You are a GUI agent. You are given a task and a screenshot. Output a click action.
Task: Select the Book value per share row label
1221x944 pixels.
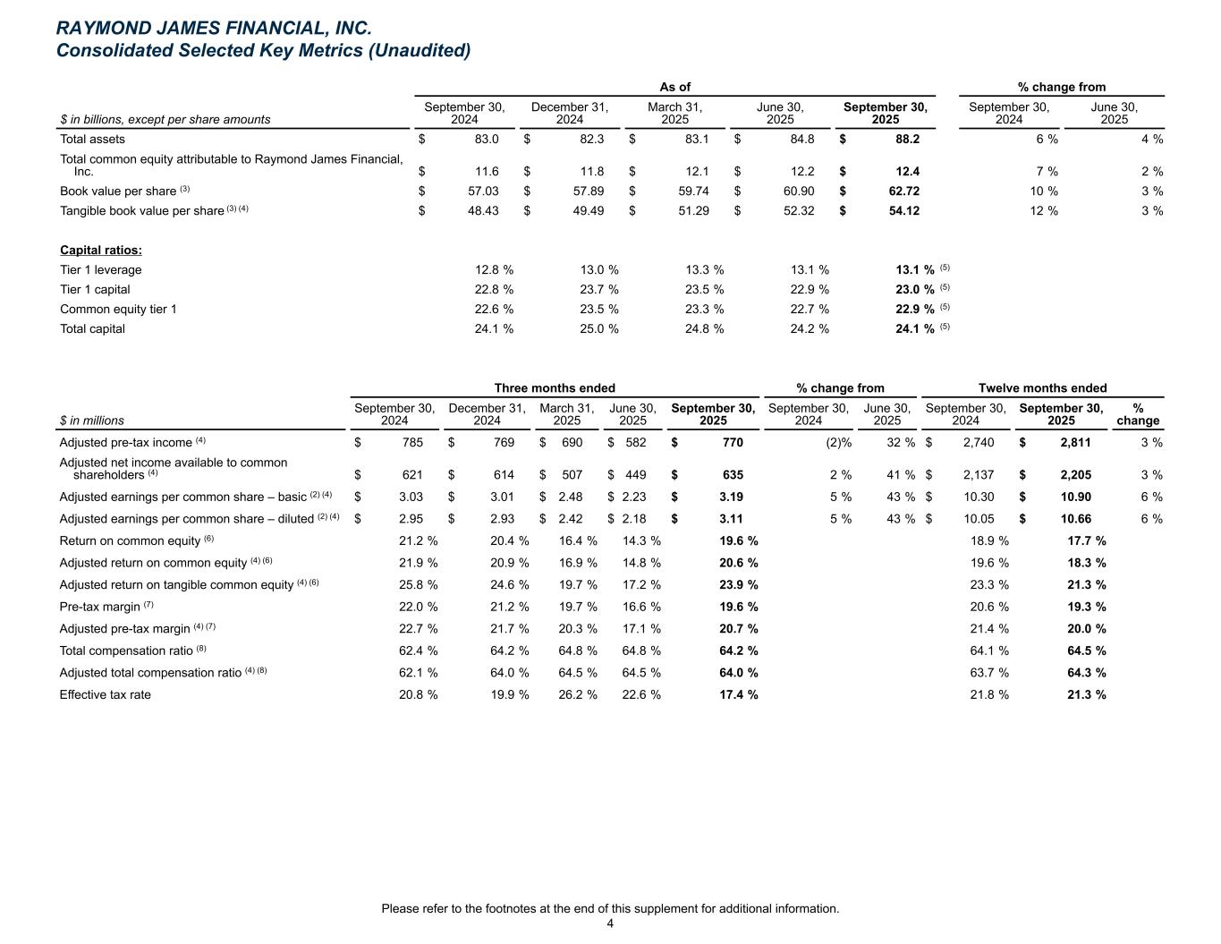pyautogui.click(x=118, y=191)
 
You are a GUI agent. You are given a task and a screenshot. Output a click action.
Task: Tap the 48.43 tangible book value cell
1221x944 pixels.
pyautogui.click(x=482, y=211)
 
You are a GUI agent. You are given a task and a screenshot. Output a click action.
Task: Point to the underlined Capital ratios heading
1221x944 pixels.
pyautogui.click(x=101, y=251)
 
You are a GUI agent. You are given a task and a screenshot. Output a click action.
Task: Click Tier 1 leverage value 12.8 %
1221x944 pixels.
pyautogui.click(x=493, y=270)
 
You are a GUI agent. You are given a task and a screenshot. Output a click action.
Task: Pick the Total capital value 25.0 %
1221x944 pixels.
pyautogui.click(x=598, y=329)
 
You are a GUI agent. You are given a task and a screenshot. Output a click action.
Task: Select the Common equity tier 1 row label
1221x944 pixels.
pyautogui.click(x=118, y=310)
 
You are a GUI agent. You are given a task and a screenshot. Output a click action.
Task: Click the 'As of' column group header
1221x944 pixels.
pyautogui.click(x=674, y=87)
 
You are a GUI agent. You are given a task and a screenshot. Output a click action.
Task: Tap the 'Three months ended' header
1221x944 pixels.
pyautogui.click(x=555, y=388)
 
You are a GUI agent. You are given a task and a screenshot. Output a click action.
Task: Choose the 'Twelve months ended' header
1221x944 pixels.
pyautogui.click(x=1042, y=388)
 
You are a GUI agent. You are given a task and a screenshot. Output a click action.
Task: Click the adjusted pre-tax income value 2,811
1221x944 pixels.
pyautogui.click(x=1075, y=443)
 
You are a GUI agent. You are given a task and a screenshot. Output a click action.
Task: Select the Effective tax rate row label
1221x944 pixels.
pyautogui.click(x=106, y=695)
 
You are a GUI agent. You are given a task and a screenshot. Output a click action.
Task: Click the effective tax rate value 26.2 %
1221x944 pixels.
pyautogui.click(x=577, y=695)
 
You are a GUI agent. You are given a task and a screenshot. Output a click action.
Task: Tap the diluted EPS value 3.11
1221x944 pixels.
pyautogui.click(x=731, y=519)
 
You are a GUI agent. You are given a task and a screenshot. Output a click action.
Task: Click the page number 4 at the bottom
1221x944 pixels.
pyautogui.click(x=610, y=924)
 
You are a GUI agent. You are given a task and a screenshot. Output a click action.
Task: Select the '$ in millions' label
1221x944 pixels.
pyautogui.click(x=92, y=421)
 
